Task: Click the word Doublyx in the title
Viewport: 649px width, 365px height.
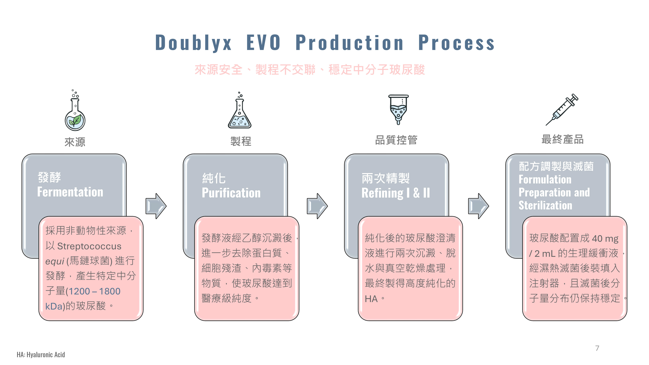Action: (x=193, y=43)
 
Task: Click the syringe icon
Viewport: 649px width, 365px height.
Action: (x=562, y=109)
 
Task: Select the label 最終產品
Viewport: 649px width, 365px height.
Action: (x=562, y=139)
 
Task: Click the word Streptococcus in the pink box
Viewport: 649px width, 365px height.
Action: (x=89, y=246)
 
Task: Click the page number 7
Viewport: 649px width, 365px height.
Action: (x=597, y=348)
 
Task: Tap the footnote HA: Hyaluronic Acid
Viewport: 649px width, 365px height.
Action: (x=41, y=355)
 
